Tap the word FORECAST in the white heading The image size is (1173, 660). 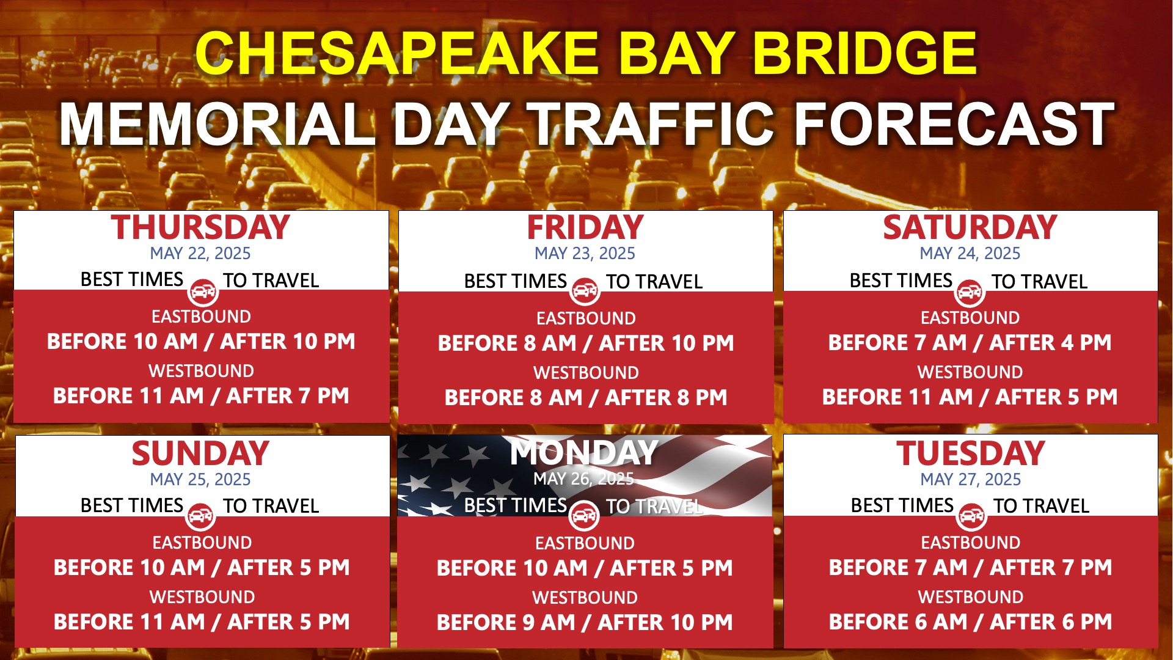click(954, 124)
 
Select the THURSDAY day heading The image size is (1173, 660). click(200, 227)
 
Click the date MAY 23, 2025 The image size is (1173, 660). click(585, 254)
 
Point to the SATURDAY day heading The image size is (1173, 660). click(970, 227)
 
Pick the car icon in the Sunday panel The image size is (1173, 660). click(200, 516)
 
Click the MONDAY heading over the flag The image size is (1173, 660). click(584, 453)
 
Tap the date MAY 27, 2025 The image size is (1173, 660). click(970, 480)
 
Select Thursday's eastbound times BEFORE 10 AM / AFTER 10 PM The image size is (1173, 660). click(201, 342)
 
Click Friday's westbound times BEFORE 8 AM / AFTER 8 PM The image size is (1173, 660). click(586, 398)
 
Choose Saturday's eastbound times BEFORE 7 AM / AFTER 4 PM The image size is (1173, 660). click(970, 343)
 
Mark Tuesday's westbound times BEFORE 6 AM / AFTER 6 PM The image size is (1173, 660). click(970, 622)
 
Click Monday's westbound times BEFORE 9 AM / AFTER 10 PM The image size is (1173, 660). click(585, 623)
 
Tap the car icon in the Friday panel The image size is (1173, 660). click(585, 291)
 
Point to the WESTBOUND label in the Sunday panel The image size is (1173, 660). click(202, 597)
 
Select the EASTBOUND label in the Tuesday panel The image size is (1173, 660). click(970, 543)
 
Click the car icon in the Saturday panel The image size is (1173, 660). click(970, 292)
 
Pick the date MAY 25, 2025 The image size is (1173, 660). click(200, 480)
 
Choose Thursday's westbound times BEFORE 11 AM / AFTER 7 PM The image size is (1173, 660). click(201, 396)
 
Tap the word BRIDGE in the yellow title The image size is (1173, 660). click(865, 53)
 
